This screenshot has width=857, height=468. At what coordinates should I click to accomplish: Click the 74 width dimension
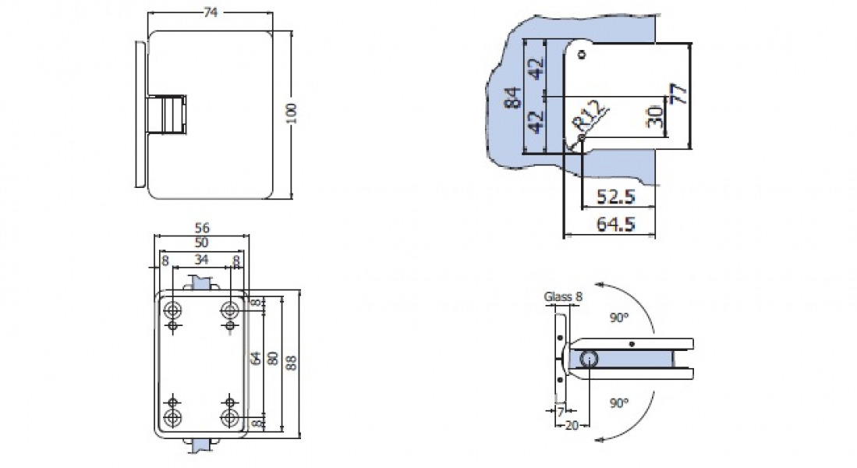point(209,12)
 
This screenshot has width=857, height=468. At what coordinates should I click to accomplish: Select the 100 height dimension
point(291,114)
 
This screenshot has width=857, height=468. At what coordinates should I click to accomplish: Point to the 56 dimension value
point(203,229)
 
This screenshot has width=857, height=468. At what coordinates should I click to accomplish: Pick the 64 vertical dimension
point(255,359)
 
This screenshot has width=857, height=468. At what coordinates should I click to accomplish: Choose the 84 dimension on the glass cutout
point(511,97)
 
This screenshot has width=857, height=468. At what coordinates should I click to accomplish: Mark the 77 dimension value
point(679,94)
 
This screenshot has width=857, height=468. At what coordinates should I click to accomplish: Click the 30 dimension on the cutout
point(655,117)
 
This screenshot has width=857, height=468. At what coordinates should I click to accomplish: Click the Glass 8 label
point(563,296)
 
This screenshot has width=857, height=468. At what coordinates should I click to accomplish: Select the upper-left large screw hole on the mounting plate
point(173,310)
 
